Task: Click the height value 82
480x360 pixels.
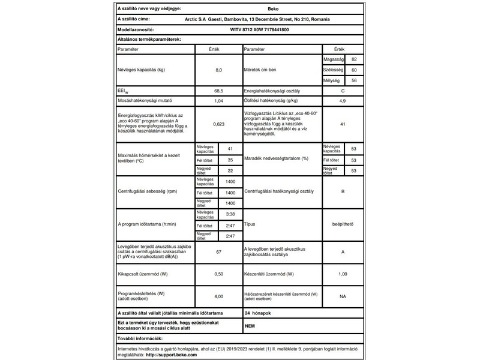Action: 354,60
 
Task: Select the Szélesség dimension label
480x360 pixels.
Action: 332,70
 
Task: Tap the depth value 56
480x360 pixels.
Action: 354,80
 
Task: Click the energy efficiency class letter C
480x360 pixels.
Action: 342,91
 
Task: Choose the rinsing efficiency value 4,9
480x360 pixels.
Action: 342,101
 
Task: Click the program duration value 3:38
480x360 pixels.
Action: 230,214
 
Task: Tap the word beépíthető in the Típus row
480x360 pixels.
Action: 342,225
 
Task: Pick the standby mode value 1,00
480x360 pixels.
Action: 342,274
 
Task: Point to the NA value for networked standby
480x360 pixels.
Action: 342,296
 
